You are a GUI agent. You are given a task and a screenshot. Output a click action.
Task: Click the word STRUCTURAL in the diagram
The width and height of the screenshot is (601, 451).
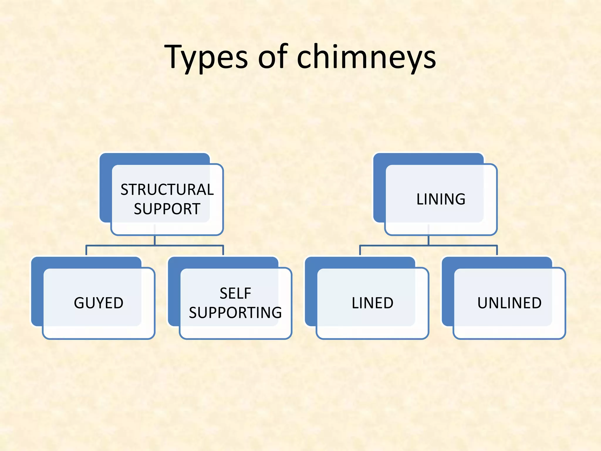click(x=167, y=190)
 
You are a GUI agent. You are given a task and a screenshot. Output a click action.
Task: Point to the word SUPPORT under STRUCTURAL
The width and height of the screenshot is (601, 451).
click(x=167, y=209)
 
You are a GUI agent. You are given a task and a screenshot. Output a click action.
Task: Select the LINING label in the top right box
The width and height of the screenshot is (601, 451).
click(x=441, y=199)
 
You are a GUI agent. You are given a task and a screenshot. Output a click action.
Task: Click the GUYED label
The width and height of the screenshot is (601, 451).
click(x=99, y=303)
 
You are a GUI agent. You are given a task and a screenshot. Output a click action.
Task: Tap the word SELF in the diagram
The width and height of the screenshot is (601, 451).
click(x=235, y=293)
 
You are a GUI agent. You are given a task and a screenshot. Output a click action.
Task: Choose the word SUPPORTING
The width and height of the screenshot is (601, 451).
click(x=235, y=312)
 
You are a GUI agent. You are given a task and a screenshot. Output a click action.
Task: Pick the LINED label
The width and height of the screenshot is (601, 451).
click(x=372, y=303)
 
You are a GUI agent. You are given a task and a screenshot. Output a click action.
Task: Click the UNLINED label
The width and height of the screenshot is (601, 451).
click(x=509, y=303)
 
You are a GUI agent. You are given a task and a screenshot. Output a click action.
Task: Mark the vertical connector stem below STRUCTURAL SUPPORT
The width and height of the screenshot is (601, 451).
click(x=155, y=240)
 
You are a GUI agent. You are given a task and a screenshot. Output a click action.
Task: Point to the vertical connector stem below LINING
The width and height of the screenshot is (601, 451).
click(x=428, y=240)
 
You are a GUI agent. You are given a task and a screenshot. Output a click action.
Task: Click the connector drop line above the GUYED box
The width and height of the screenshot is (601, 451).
click(x=86, y=250)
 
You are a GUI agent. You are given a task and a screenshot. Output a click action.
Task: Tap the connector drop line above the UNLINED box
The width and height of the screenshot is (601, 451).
click(x=497, y=250)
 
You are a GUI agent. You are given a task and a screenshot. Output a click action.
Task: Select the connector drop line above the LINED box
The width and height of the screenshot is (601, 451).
click(x=360, y=250)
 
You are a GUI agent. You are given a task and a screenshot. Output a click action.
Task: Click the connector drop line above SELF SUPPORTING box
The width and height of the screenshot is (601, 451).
click(x=223, y=250)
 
